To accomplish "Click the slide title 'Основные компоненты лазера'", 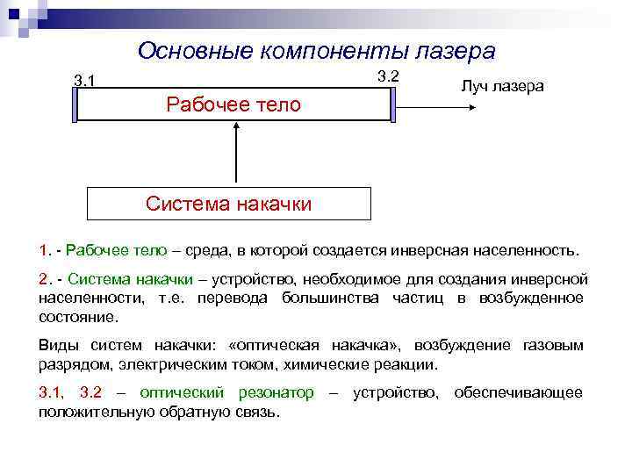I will coord(316,52).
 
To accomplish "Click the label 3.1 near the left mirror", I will coord(84,82).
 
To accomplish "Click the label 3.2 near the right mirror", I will coord(388,75).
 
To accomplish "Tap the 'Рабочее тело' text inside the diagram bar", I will coord(233,105).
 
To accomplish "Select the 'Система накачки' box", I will coord(228,204).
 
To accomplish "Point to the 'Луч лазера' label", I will coord(502,86).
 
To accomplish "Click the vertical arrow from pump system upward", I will coord(234,154).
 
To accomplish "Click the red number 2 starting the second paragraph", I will coord(44,280).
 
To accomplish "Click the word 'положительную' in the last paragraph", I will coord(92,412).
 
